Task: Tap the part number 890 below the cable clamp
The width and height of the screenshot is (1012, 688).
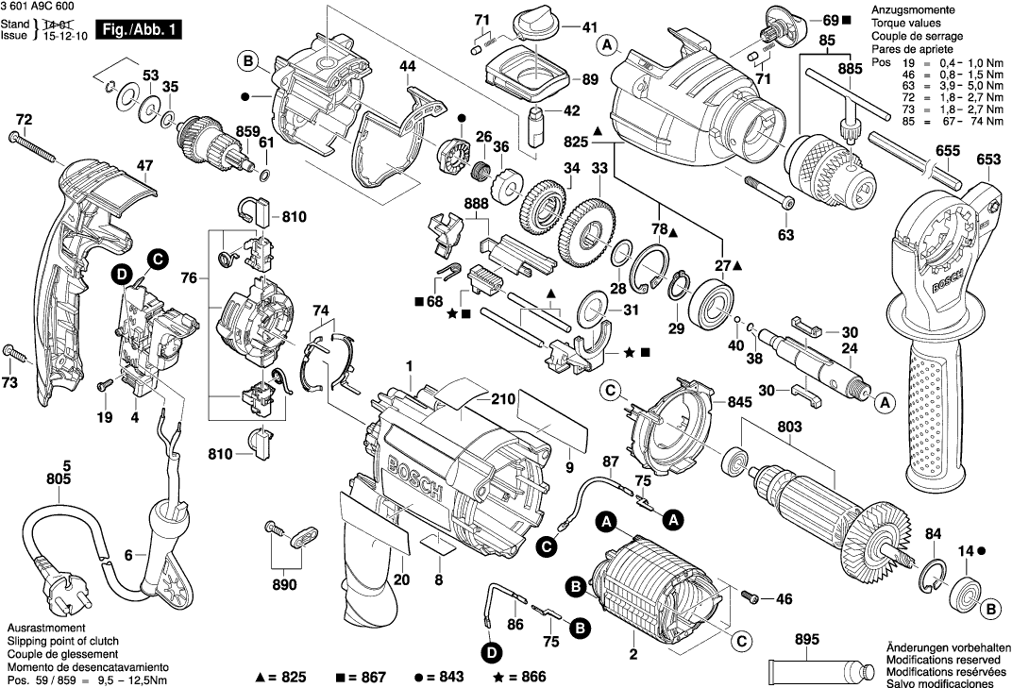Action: pyautogui.click(x=283, y=585)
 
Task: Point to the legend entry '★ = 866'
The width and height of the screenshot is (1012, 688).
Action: pyautogui.click(x=521, y=677)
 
